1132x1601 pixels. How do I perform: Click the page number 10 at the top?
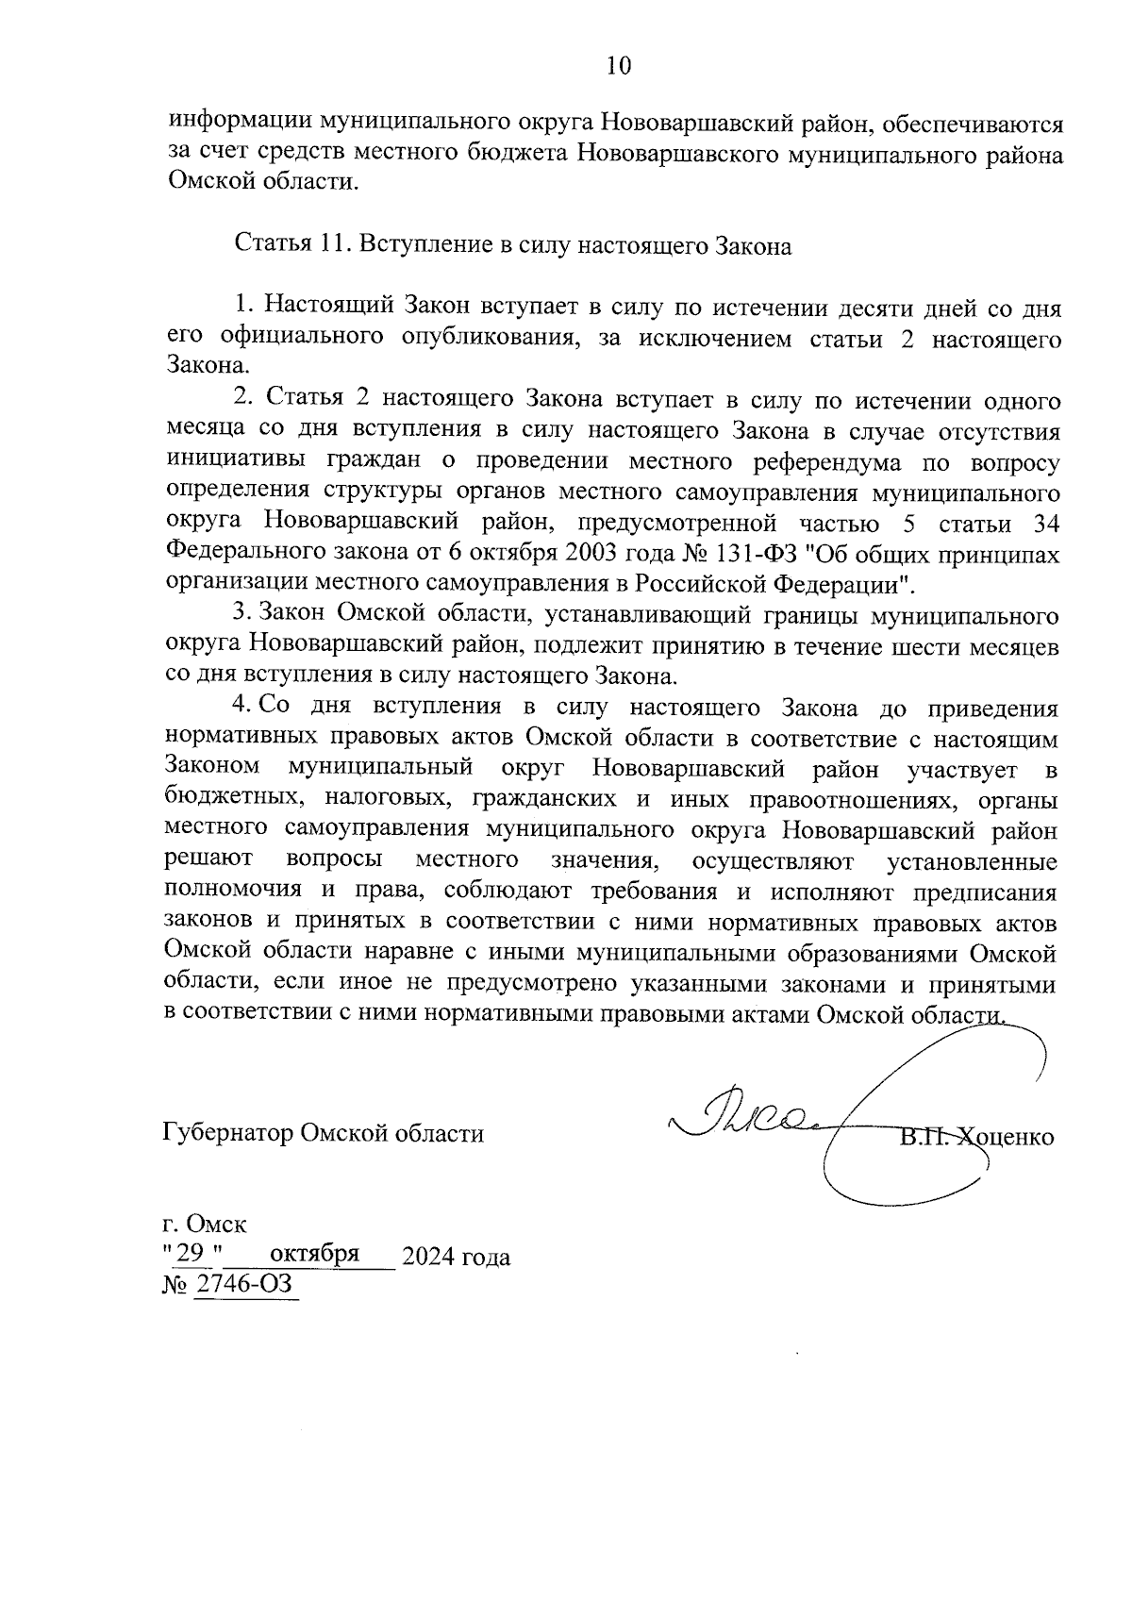tap(618, 65)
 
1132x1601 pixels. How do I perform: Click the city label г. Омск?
tap(205, 1226)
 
